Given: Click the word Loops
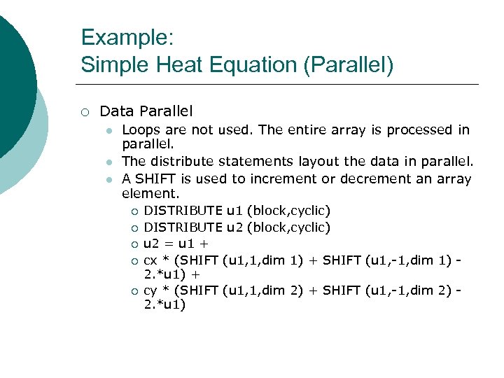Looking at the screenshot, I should [x=141, y=129].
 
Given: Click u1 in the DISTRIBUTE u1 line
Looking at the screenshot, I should [x=234, y=210].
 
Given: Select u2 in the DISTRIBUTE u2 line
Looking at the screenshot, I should [x=234, y=227].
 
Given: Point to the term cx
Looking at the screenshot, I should [x=150, y=261].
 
